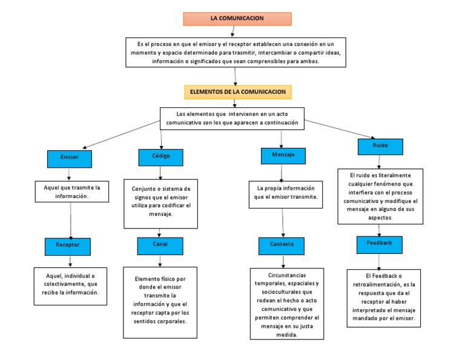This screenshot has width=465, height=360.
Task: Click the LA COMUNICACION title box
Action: tap(237, 19)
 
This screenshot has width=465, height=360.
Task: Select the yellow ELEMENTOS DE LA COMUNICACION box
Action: tap(237, 92)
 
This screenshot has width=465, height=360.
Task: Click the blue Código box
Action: tap(160, 156)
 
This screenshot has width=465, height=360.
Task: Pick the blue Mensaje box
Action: tap(282, 155)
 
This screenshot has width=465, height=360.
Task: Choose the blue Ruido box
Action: tap(380, 146)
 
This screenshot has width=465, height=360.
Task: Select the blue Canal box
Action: tap(160, 244)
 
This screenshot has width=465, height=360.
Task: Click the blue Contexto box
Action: tap(282, 245)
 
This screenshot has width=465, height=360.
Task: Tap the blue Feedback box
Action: tap(379, 244)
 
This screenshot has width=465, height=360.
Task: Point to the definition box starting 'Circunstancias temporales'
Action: tap(286, 303)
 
